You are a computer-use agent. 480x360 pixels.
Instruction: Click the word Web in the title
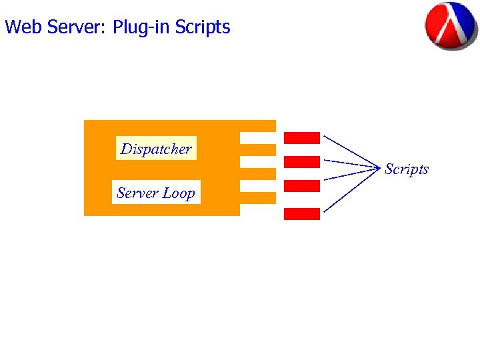tap(24, 27)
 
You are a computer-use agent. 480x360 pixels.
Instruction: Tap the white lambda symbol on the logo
tap(453, 25)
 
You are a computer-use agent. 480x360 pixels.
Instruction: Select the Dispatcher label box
tap(156, 149)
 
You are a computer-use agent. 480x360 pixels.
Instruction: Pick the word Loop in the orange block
tap(179, 193)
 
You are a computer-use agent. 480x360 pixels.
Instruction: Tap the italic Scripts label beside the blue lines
tap(407, 169)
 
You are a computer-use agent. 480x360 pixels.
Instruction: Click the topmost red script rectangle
tap(302, 137)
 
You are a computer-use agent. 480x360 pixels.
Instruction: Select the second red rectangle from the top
tap(302, 161)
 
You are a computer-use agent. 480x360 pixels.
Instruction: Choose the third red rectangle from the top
tap(302, 185)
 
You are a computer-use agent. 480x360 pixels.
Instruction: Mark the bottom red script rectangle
tap(302, 214)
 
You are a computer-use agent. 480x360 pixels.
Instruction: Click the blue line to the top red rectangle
tap(350, 150)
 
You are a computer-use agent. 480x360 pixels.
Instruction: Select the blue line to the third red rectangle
tap(350, 175)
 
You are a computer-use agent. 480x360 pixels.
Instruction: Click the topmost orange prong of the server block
tap(257, 126)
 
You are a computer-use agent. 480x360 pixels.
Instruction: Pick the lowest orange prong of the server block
tap(257, 198)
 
